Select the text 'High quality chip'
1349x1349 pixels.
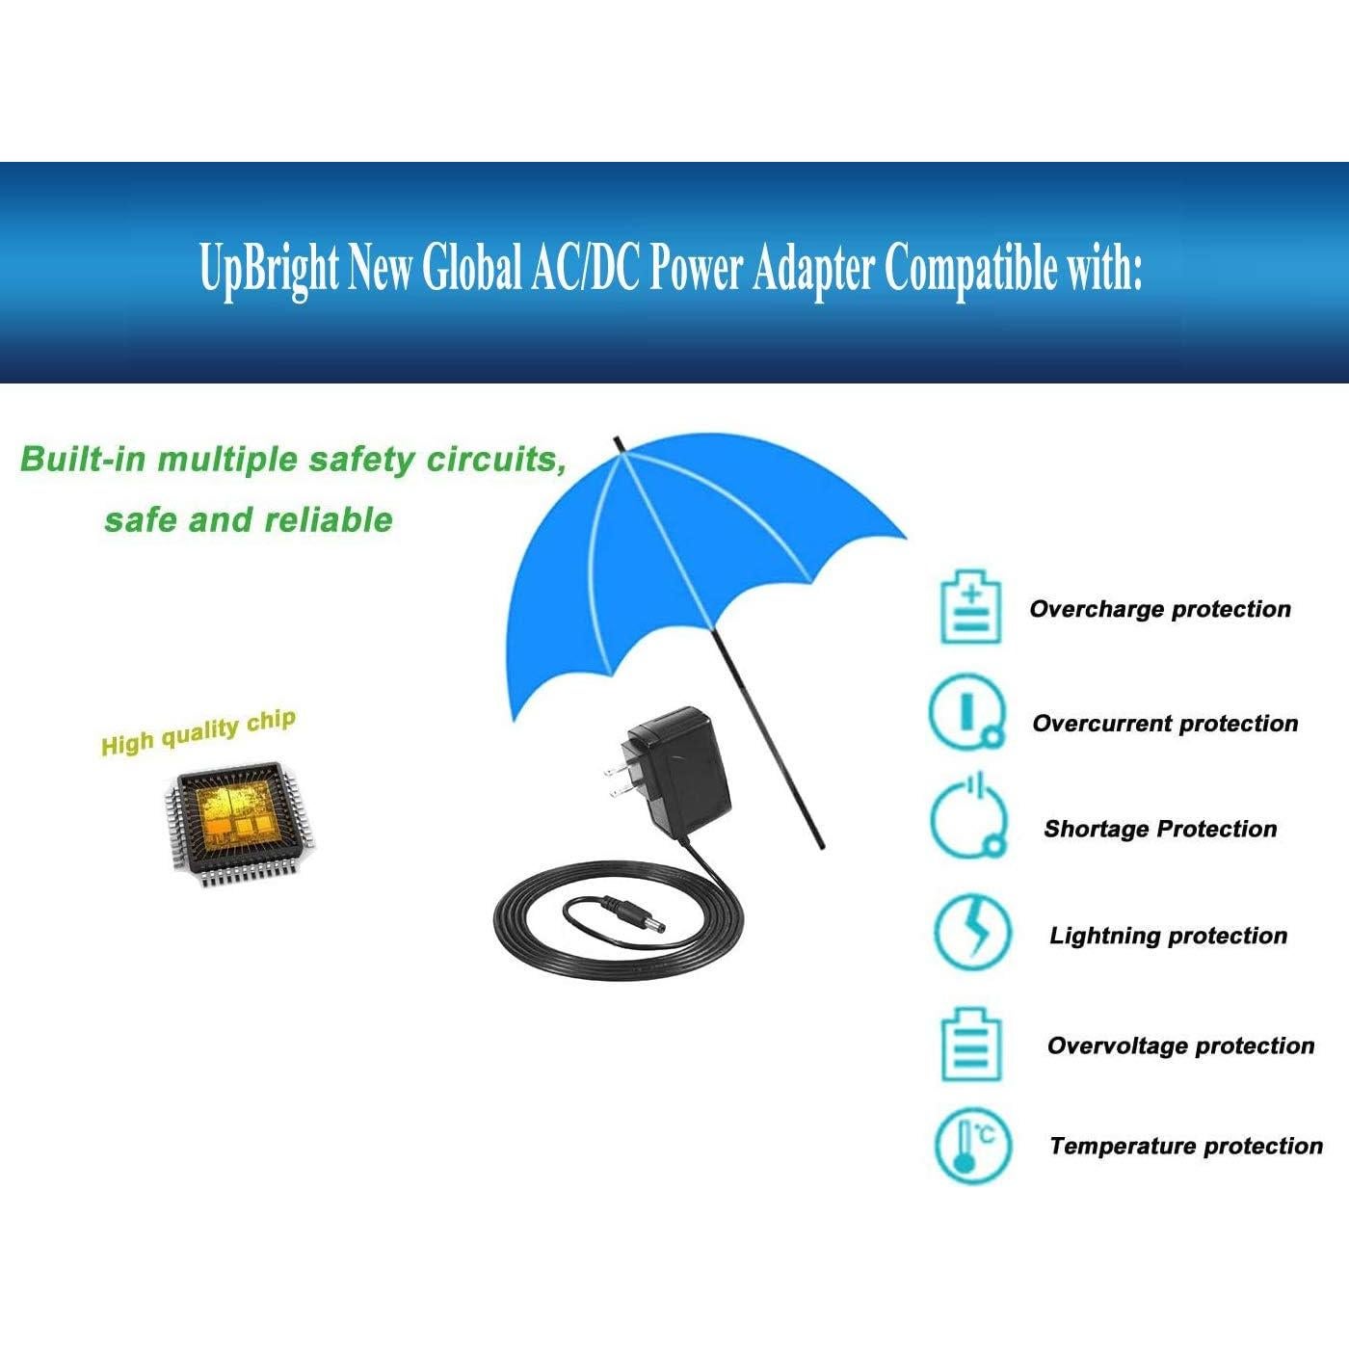198,732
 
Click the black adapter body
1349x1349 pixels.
679,771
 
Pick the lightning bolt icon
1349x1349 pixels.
973,933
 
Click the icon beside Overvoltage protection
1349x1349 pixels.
971,1045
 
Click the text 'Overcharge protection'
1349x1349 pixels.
1160,609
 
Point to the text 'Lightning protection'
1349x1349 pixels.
1168,936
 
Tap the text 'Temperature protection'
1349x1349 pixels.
1185,1146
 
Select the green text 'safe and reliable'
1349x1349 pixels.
249,520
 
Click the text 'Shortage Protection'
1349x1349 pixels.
1160,829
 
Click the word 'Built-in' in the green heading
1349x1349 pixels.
83,459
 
